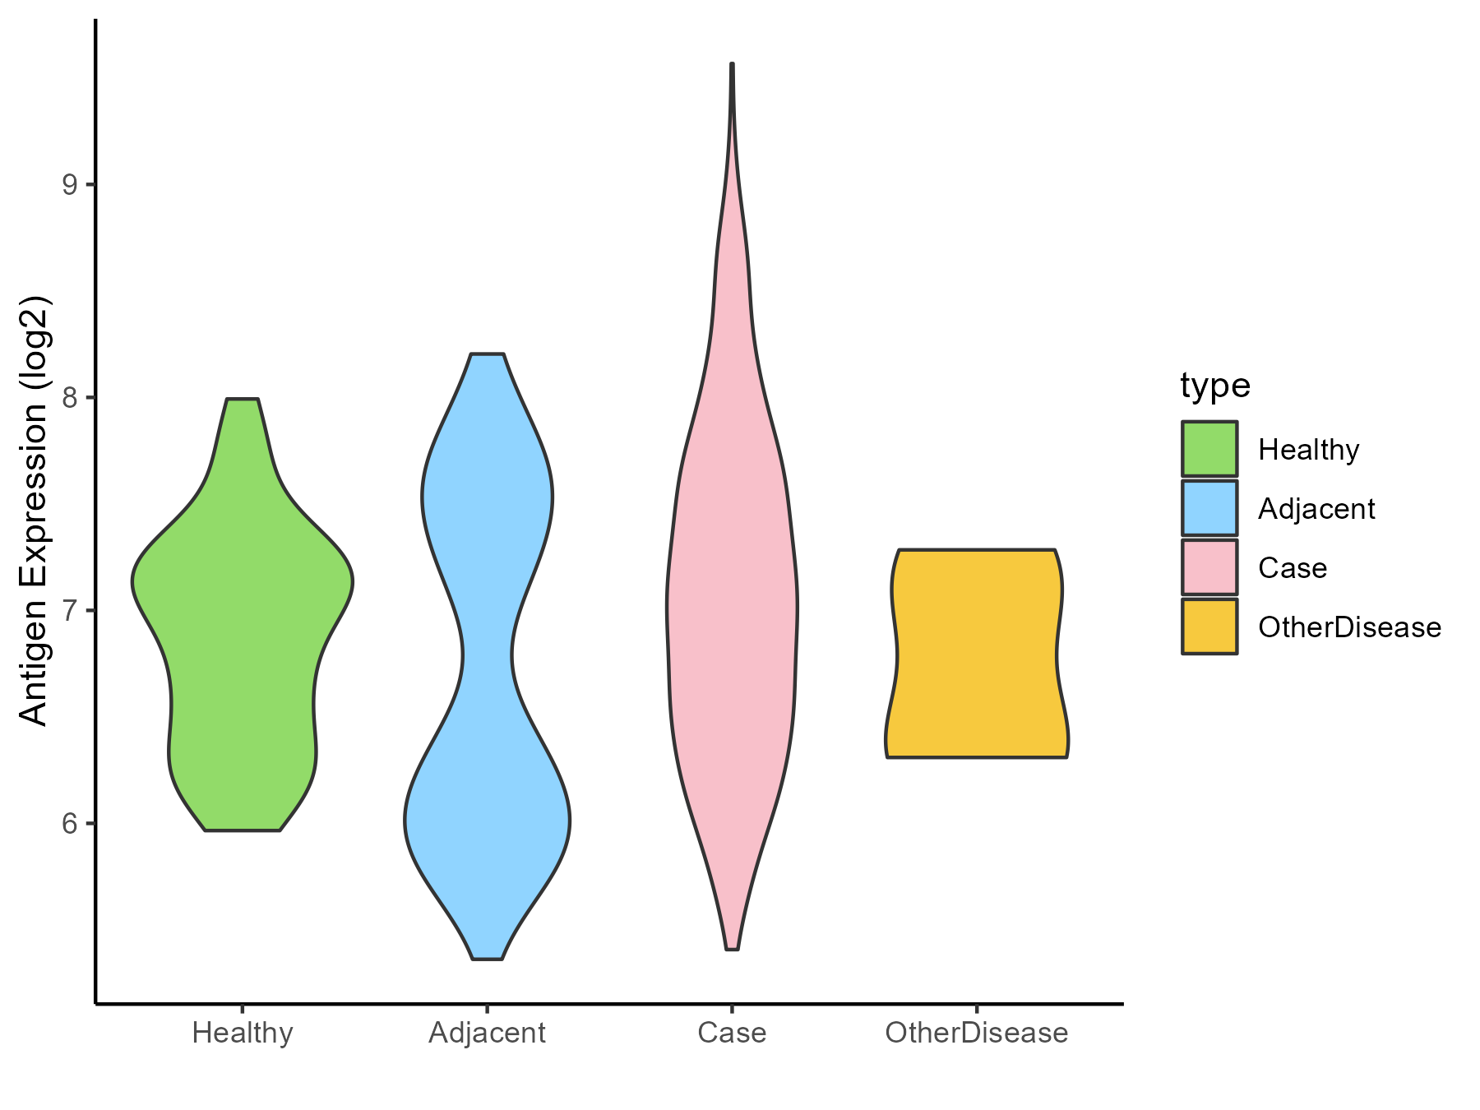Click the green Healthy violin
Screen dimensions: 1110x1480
(x=243, y=625)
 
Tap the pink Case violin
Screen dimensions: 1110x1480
(x=732, y=608)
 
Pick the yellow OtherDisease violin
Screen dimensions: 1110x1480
(x=976, y=654)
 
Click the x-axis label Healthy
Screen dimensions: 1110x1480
(x=243, y=1033)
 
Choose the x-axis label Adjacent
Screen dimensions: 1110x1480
(x=487, y=1033)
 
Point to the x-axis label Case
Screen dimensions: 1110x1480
(x=732, y=1033)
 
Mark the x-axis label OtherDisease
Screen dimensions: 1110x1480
(x=976, y=1033)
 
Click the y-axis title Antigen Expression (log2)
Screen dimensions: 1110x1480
(x=35, y=510)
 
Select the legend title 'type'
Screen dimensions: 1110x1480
(x=1214, y=386)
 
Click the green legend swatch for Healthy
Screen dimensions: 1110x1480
(x=1209, y=449)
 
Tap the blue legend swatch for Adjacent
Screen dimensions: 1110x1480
(x=1209, y=508)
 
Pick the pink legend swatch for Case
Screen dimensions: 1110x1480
(x=1209, y=567)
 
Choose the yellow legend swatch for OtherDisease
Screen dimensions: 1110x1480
(x=1209, y=627)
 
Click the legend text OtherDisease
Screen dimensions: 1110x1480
(x=1349, y=627)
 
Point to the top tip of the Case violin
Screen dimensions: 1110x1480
(x=732, y=64)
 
